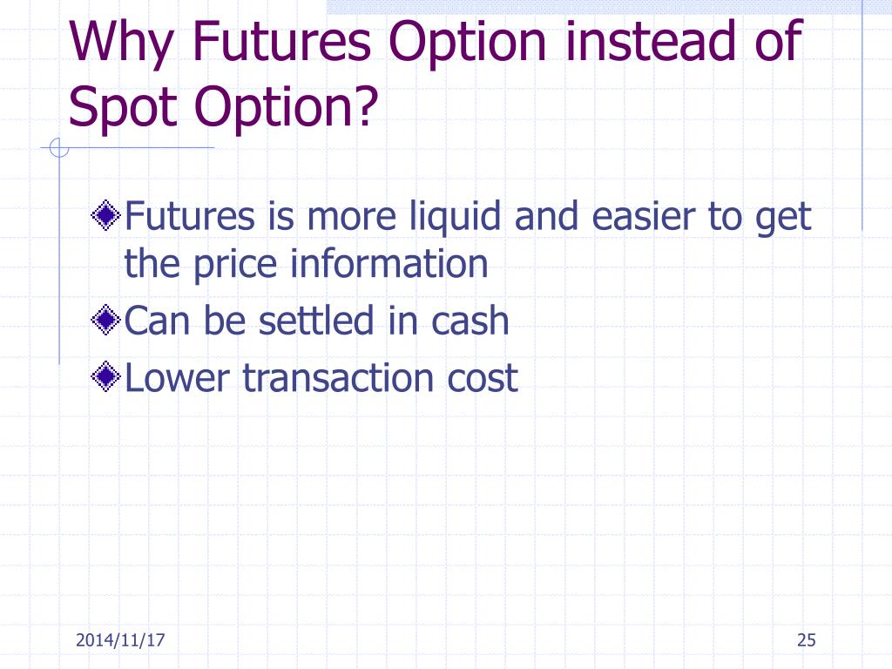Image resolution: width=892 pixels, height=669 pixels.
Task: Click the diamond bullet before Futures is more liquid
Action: tap(105, 214)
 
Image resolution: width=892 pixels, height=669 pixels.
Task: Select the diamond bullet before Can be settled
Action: tap(105, 321)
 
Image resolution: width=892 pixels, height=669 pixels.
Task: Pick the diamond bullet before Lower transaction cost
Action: tap(105, 377)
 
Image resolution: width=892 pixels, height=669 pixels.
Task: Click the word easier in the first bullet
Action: tap(641, 215)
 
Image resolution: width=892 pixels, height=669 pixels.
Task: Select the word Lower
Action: tap(179, 377)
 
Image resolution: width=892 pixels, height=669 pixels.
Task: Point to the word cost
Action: tap(484, 378)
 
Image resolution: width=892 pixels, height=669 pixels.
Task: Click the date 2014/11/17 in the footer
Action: tap(121, 641)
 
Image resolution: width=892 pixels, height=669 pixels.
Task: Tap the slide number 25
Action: tap(806, 641)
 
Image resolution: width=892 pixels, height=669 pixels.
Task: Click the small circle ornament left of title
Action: tap(58, 149)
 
